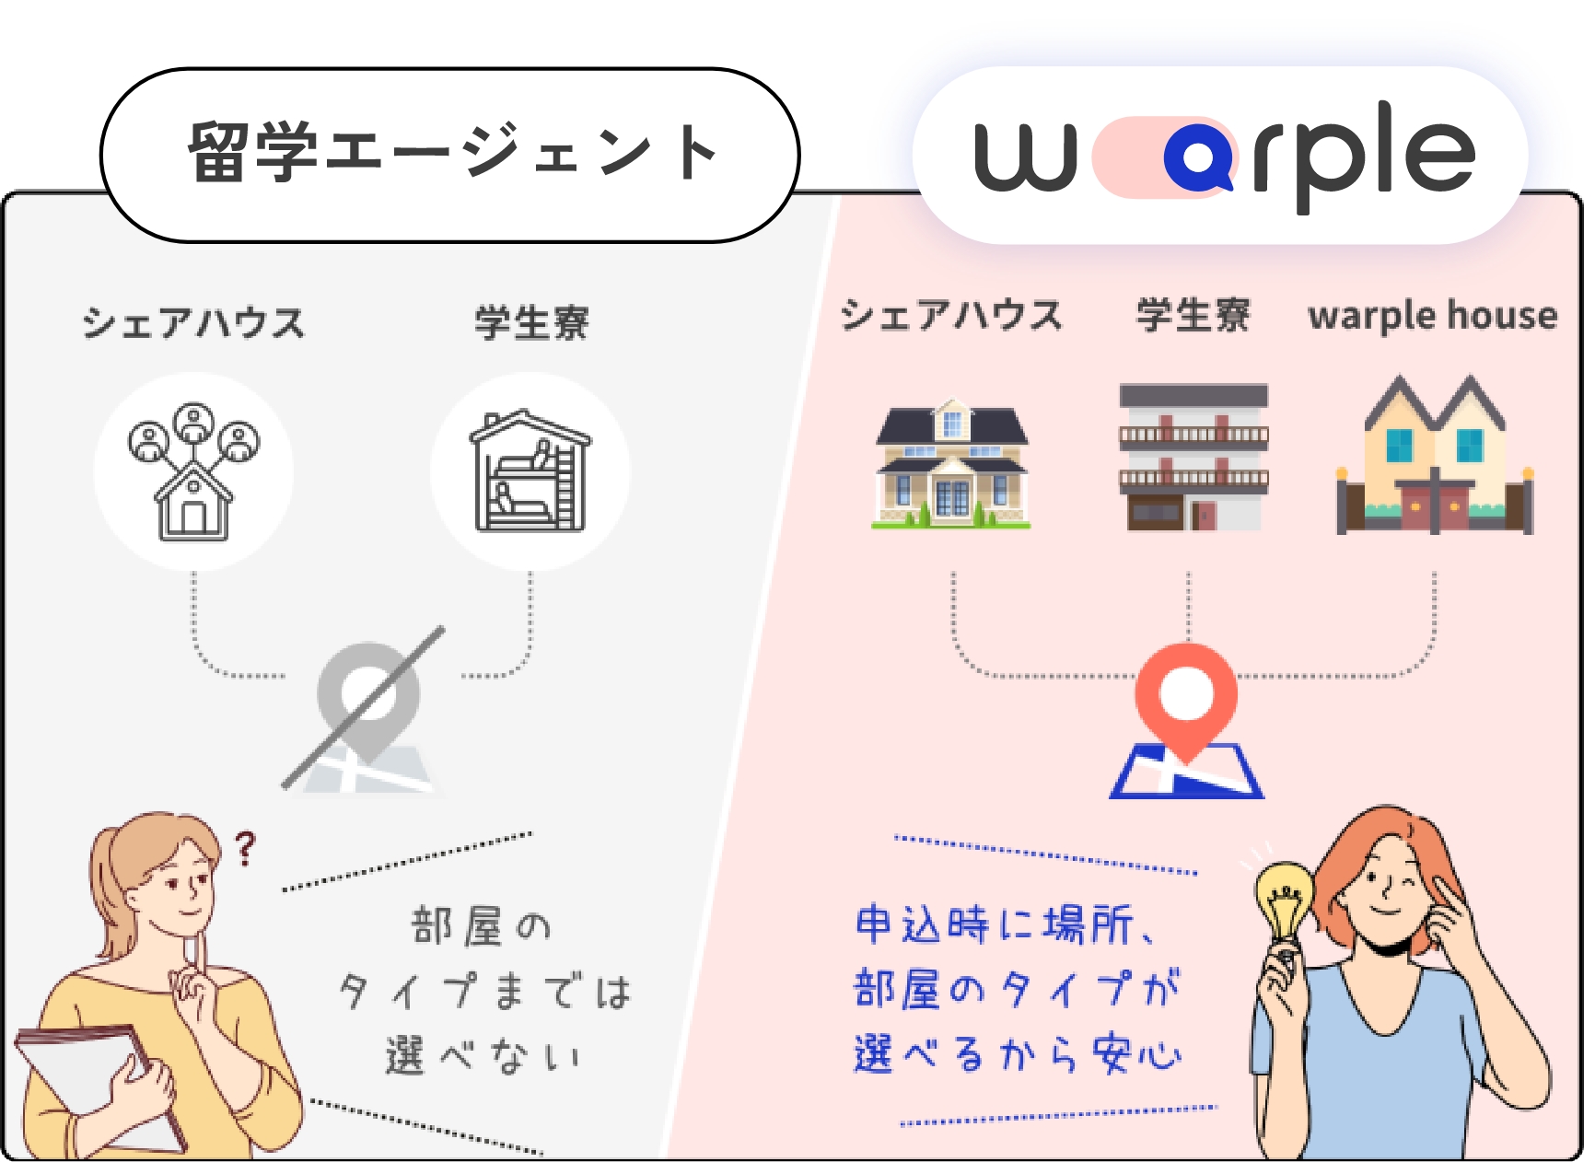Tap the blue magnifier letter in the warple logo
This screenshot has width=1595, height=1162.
click(1198, 157)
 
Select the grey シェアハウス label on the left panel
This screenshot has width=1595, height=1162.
click(193, 323)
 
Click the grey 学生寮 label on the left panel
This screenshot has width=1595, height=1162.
click(531, 323)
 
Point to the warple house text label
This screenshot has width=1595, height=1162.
click(1432, 316)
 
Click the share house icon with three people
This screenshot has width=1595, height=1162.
click(193, 471)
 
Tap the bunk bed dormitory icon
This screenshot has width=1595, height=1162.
click(530, 471)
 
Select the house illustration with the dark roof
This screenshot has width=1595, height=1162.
click(951, 462)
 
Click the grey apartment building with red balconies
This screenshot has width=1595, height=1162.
click(1193, 458)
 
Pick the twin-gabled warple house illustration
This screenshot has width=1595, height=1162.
click(1435, 455)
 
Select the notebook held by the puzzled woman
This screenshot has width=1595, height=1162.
click(101, 1086)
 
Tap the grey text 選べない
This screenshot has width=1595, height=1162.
click(484, 1055)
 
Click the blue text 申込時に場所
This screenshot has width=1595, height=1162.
click(995, 924)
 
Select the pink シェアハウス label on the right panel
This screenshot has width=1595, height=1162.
click(951, 315)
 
